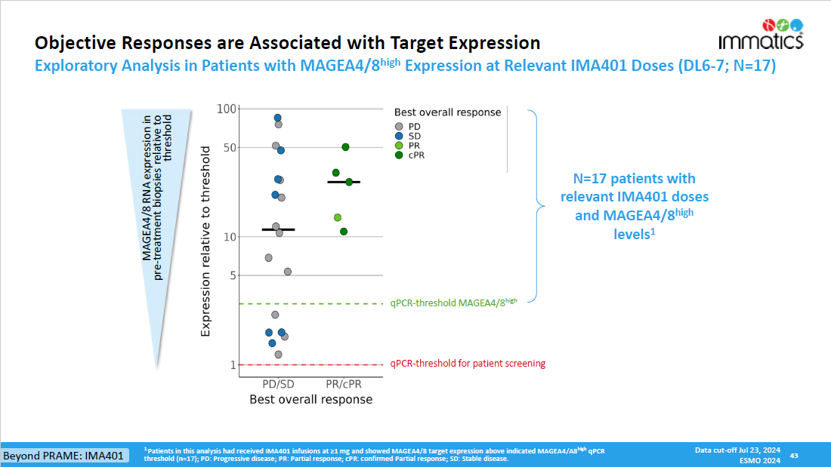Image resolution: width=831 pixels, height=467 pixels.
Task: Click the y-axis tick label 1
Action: pos(233,365)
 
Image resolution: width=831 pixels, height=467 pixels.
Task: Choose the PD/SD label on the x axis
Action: pos(278,383)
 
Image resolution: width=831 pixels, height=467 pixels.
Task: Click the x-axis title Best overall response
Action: pos(310,399)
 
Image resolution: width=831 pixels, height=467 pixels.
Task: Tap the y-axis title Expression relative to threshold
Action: pos(205,241)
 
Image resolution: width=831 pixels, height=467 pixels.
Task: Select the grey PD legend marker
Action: pos(399,126)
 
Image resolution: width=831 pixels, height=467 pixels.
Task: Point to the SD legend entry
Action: pos(409,136)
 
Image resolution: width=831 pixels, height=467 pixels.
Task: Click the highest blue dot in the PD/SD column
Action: pos(277,118)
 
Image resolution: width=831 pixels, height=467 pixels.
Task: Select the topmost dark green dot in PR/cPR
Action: pos(345,147)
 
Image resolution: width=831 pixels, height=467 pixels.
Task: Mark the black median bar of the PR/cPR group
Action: pos(344,182)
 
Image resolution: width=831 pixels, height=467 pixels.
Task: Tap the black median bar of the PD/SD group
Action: pos(278,229)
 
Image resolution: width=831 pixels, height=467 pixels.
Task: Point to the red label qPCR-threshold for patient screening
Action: pos(468,364)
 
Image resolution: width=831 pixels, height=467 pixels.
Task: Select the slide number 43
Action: pos(794,456)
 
